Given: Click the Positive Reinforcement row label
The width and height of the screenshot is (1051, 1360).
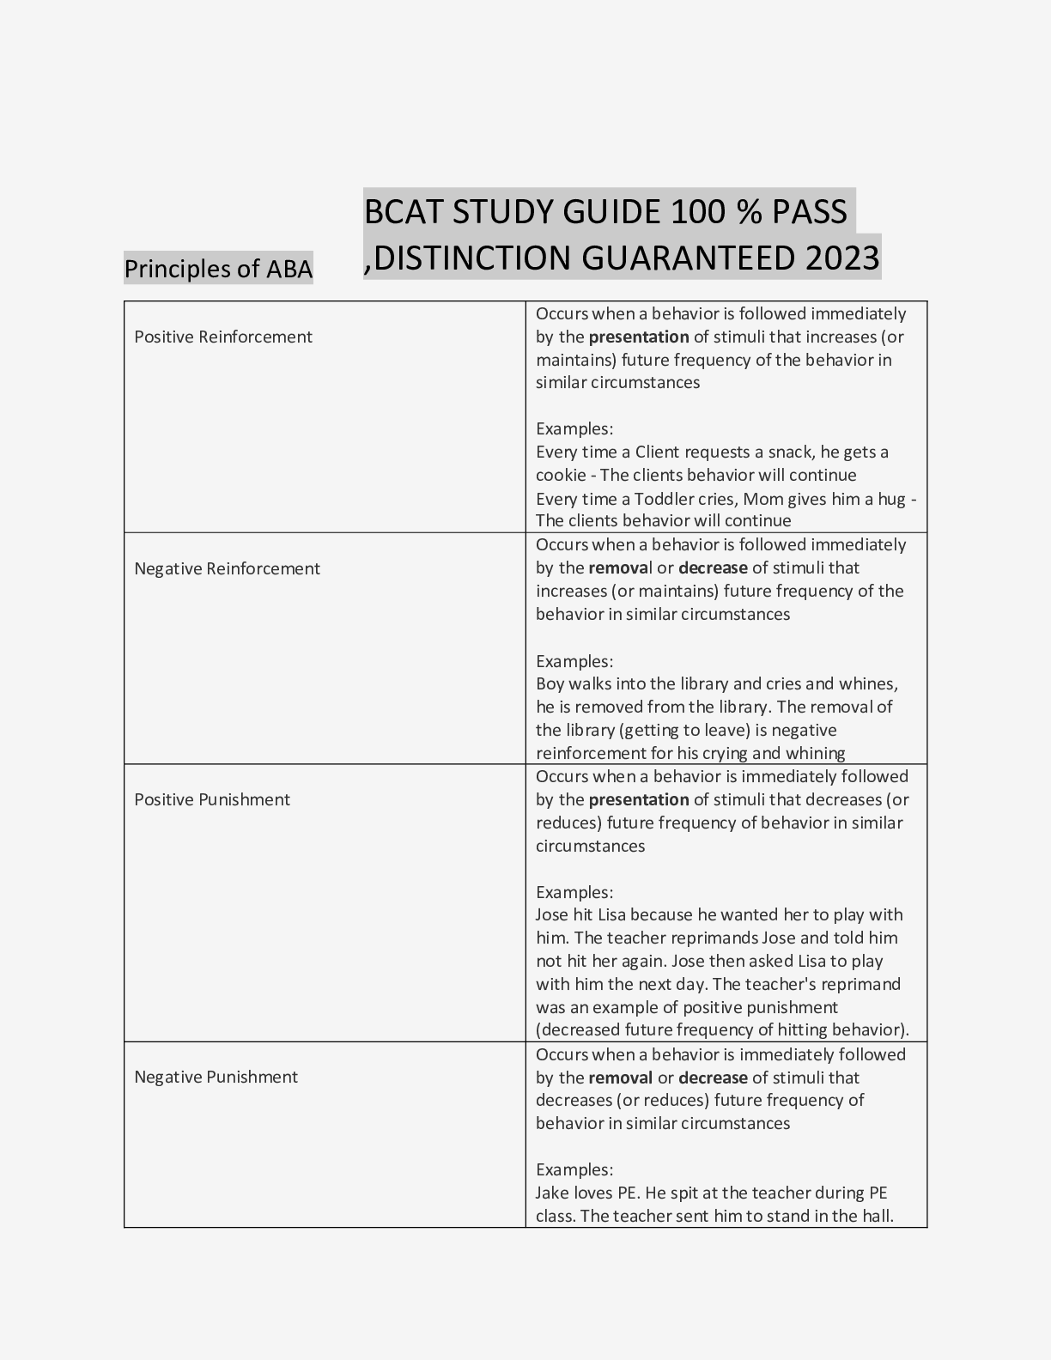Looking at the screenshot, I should [x=223, y=337].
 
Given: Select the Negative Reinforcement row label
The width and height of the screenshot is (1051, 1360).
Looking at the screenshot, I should [x=227, y=568].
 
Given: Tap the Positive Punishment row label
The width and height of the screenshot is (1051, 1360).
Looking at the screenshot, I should [x=212, y=799].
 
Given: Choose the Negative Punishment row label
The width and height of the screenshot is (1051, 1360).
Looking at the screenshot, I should [x=216, y=1077].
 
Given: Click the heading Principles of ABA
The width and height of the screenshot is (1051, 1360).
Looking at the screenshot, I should [x=218, y=269].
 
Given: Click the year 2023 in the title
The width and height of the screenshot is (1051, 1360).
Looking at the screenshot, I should [x=842, y=258].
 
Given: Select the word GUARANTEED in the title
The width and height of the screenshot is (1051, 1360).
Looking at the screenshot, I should [x=693, y=258].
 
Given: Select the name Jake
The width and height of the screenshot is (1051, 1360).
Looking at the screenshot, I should [x=552, y=1193].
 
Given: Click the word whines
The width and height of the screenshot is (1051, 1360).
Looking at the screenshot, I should [x=869, y=683].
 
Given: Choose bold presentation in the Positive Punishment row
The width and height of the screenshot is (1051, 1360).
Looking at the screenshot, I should [x=639, y=799].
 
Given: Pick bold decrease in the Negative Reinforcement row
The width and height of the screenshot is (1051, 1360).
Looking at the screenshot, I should [x=713, y=568].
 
